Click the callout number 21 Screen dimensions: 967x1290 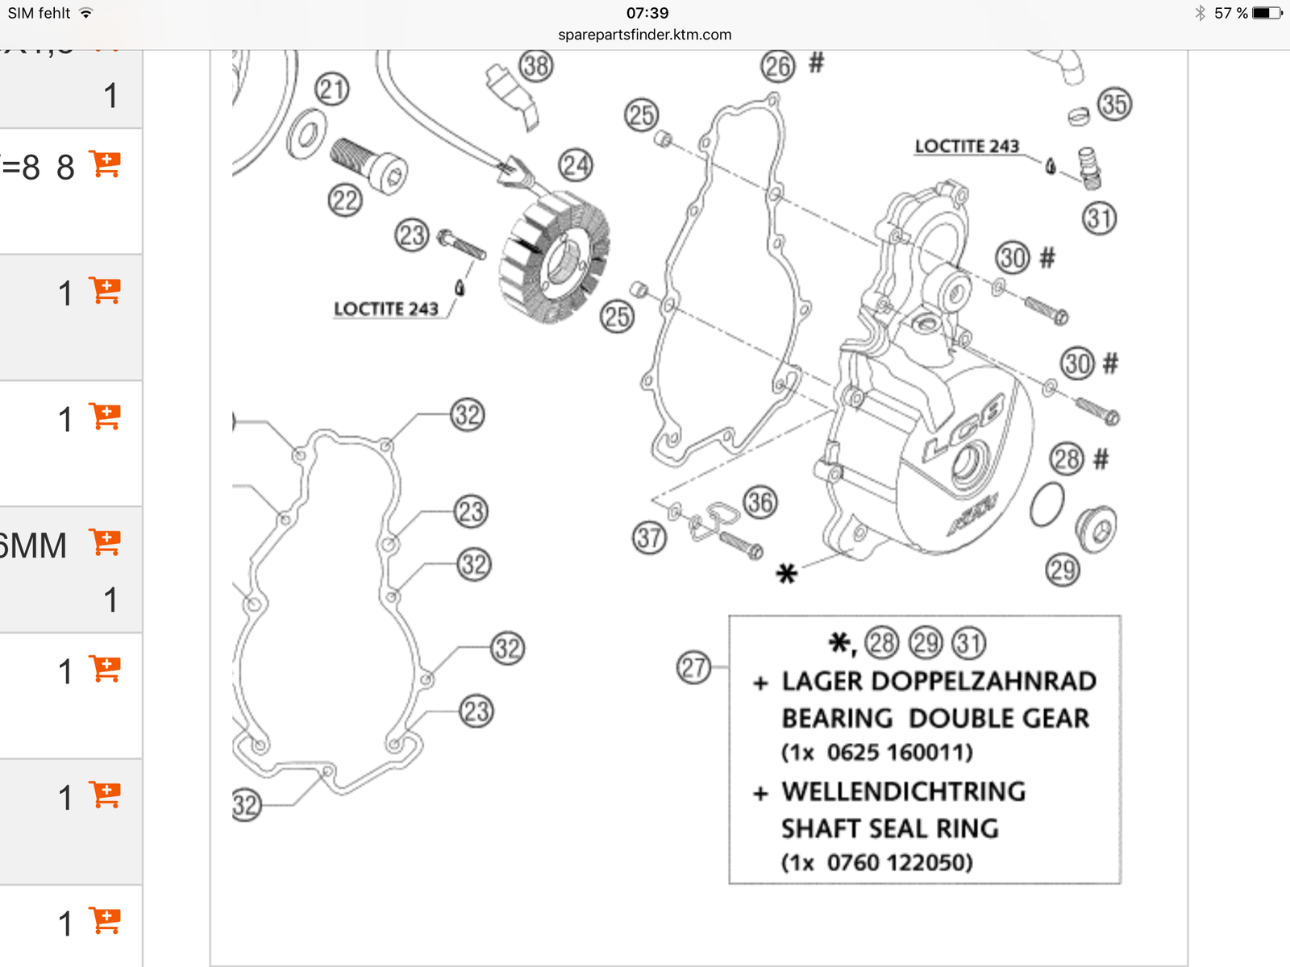coord(332,89)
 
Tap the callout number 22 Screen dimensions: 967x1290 coord(345,200)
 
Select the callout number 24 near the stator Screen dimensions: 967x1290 coord(576,165)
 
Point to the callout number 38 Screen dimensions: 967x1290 coord(536,66)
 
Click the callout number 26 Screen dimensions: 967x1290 coord(777,67)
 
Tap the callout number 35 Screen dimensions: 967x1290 coord(1114,104)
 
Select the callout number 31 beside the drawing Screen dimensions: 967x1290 coord(1100,218)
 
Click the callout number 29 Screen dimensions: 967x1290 coord(1063,571)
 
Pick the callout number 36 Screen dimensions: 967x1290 coord(759,503)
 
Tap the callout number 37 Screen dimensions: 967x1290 coord(649,537)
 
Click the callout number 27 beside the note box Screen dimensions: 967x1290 coord(693,668)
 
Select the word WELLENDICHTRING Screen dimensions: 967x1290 coord(904,791)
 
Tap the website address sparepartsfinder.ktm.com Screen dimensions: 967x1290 coord(645,35)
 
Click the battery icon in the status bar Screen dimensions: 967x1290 coord(1266,13)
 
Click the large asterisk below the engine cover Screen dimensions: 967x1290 coord(786,574)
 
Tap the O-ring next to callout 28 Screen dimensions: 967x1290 coord(1047,505)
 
